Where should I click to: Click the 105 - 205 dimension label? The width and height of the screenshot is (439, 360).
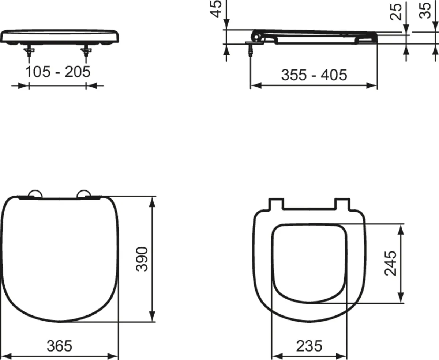(x=58, y=72)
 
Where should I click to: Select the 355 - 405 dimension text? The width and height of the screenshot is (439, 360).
(x=314, y=75)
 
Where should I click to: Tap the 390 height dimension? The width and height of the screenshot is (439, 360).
(x=142, y=259)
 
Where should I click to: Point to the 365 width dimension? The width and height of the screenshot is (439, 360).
(x=59, y=345)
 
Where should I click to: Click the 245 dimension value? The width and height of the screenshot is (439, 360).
(x=391, y=263)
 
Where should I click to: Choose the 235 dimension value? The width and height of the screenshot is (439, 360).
(x=309, y=345)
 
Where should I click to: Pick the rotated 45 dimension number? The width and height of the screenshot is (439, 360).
(x=217, y=9)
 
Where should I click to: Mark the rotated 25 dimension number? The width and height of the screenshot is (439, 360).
(x=396, y=11)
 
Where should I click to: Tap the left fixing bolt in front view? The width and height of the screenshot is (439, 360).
(x=29, y=53)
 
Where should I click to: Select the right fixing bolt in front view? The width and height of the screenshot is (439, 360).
(x=86, y=53)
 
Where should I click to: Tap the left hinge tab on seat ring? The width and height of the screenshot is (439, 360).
(x=276, y=204)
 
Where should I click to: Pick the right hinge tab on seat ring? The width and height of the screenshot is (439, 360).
(x=343, y=204)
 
